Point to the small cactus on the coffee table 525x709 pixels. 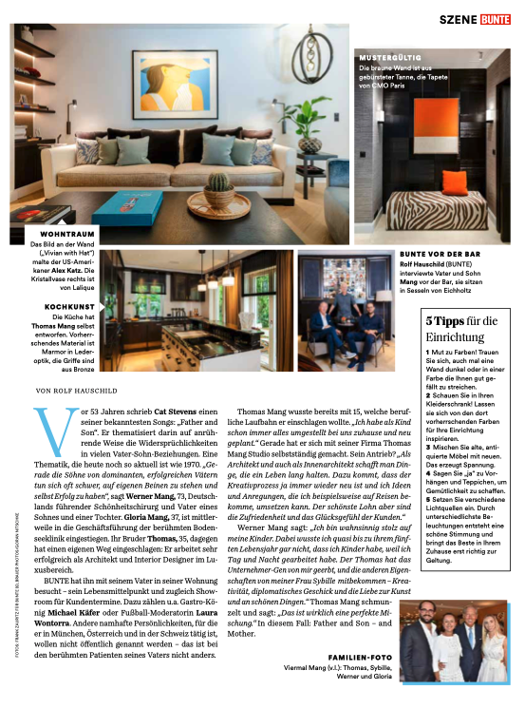(219, 182)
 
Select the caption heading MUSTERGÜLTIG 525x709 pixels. (388, 57)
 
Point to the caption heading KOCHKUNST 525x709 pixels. (70, 307)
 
